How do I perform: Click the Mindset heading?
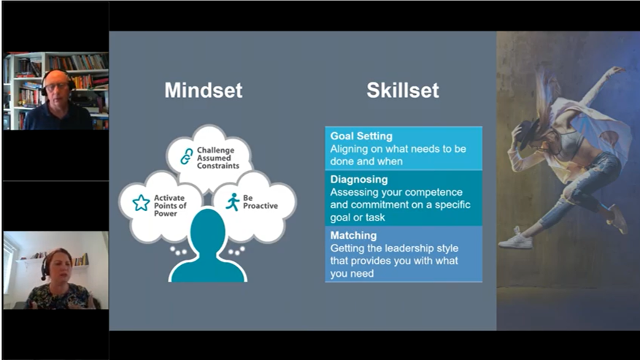[x=204, y=91]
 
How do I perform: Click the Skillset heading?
[x=402, y=91]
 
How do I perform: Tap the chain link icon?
[x=187, y=156]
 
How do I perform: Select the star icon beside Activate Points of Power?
[x=142, y=203]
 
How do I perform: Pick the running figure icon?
[x=233, y=202]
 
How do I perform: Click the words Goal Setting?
[x=361, y=136]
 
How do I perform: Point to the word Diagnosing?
[x=359, y=180]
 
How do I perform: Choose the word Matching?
[x=353, y=235]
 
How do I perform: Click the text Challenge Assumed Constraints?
[x=217, y=158]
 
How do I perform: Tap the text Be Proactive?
[x=260, y=202]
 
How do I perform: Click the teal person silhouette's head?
[x=207, y=229]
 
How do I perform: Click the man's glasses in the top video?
[x=57, y=87]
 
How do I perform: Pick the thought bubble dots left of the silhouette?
[x=178, y=250]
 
